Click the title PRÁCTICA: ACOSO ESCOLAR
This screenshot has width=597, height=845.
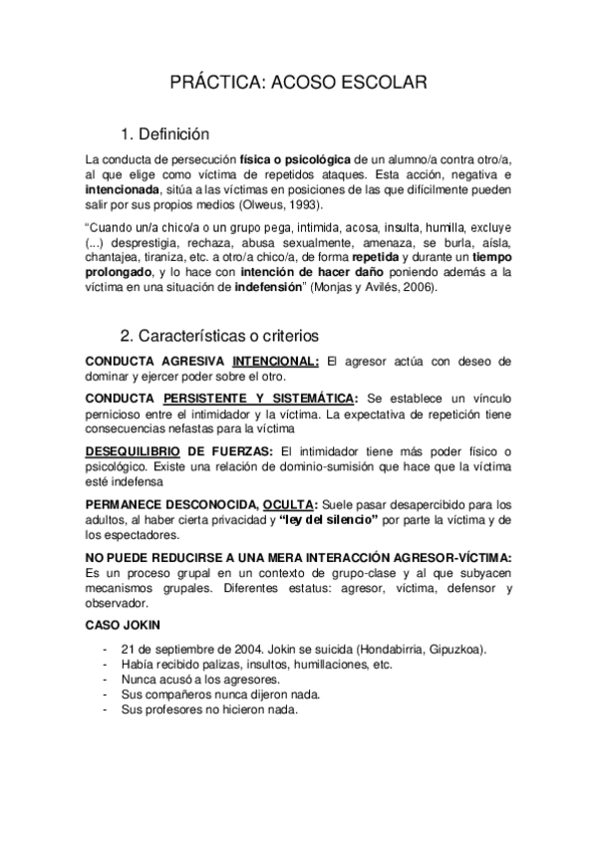298,84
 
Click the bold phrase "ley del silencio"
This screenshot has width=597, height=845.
329,518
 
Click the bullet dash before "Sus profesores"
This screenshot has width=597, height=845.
106,710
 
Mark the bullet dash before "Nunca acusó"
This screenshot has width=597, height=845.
106,679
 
